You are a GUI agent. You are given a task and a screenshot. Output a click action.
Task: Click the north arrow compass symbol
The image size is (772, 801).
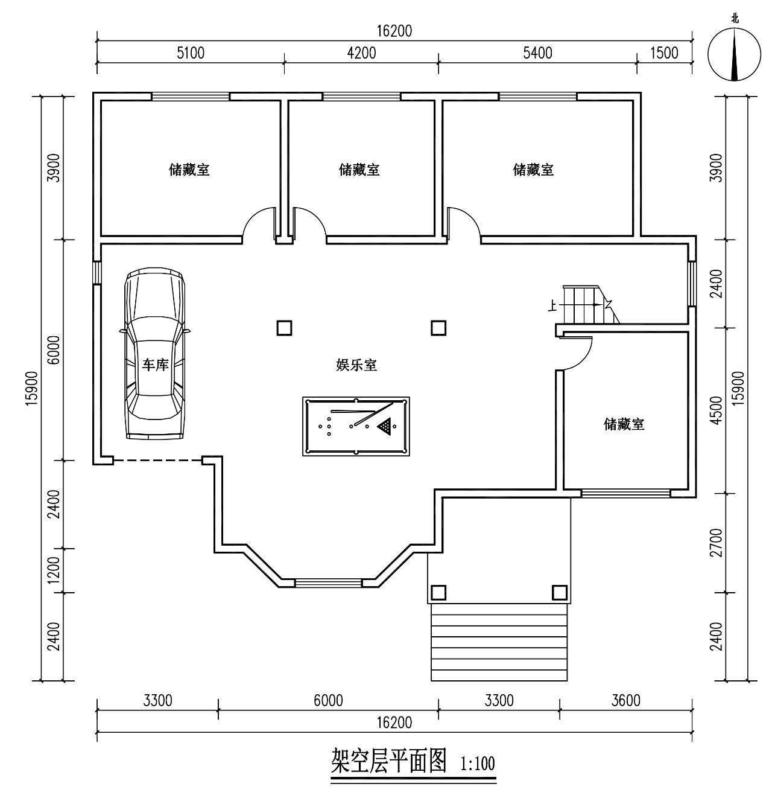click(x=734, y=55)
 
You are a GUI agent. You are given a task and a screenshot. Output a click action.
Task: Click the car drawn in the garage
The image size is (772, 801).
click(x=154, y=354)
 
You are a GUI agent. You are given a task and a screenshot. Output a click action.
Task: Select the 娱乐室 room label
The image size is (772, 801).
click(x=356, y=365)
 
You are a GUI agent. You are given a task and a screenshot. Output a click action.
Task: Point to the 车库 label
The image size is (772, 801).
click(x=154, y=365)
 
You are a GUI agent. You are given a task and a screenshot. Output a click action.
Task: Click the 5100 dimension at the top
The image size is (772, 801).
click(x=190, y=53)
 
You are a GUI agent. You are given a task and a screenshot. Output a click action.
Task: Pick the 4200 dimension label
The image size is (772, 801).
click(x=361, y=53)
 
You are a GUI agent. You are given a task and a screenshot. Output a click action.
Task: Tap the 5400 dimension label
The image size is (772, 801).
click(x=537, y=53)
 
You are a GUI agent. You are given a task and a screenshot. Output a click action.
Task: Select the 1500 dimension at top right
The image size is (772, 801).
click(x=664, y=53)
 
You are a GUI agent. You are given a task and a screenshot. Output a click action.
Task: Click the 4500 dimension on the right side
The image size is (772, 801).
click(x=716, y=410)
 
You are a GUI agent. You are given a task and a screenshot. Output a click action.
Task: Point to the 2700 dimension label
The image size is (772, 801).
click(x=716, y=543)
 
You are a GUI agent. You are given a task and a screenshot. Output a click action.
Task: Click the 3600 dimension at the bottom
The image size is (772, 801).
click(x=625, y=700)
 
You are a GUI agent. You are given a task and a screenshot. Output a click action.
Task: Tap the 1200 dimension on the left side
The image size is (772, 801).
click(x=54, y=570)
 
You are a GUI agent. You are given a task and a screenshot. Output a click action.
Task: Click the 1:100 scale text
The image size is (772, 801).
click(x=478, y=764)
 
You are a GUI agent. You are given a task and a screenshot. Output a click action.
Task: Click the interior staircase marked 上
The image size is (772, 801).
click(x=586, y=305)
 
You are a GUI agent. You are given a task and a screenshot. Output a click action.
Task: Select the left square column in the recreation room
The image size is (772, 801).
click(x=284, y=328)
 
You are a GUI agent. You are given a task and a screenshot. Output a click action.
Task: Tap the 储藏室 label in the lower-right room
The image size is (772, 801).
click(x=624, y=424)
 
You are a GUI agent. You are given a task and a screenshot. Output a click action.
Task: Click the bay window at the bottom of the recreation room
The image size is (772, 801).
click(x=329, y=582)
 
